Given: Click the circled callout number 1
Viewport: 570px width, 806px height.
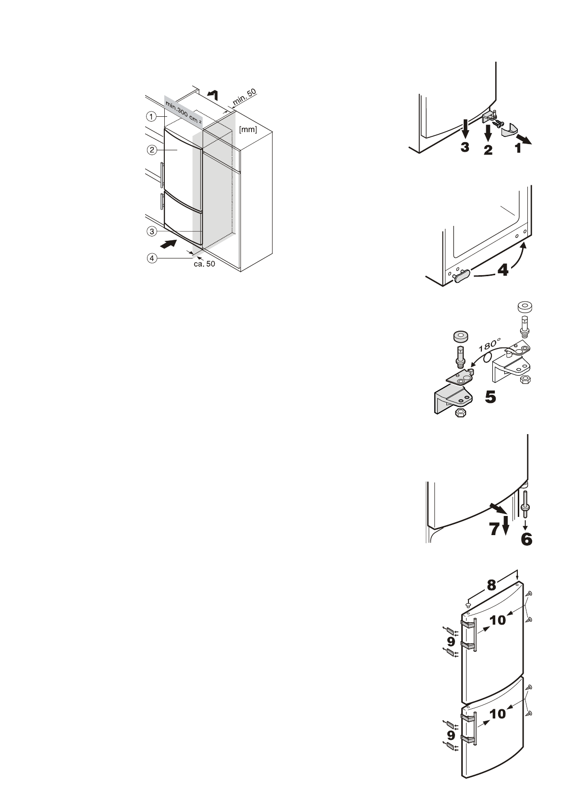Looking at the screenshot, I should (x=151, y=116).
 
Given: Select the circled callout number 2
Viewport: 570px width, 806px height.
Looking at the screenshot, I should (x=151, y=149).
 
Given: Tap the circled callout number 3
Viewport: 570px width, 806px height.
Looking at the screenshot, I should (x=151, y=231).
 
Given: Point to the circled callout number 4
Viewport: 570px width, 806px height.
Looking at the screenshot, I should (x=151, y=258).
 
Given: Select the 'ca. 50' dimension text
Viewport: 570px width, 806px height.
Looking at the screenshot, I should (x=204, y=264).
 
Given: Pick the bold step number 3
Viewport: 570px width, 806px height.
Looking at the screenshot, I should (x=465, y=147).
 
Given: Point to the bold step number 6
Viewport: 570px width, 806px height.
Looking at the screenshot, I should (x=526, y=539).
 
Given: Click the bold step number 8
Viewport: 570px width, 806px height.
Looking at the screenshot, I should (x=491, y=585).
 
